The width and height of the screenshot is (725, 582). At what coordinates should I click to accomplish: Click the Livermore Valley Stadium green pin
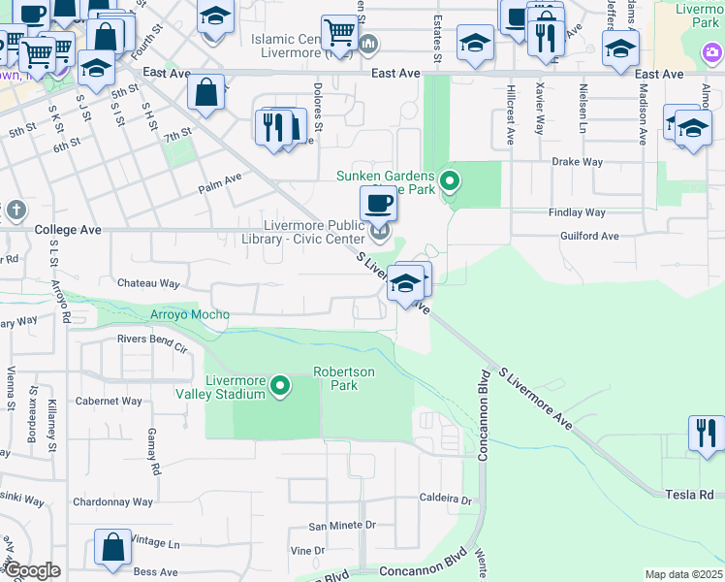(x=281, y=387)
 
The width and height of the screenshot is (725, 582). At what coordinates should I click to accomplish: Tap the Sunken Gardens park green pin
(x=449, y=180)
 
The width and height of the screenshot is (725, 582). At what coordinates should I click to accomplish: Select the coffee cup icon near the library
(x=378, y=204)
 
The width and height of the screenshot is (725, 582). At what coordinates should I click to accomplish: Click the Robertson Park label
(x=336, y=378)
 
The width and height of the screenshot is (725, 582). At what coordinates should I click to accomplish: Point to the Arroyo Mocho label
(x=190, y=314)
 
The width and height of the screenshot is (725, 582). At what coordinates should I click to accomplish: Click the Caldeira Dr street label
(x=445, y=501)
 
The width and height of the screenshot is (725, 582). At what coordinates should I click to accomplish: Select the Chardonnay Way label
(x=112, y=502)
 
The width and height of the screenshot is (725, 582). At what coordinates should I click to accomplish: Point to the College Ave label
(x=68, y=230)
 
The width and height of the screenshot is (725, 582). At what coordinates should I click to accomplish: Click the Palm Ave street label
(x=220, y=179)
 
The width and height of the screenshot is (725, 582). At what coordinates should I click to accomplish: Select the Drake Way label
(x=578, y=162)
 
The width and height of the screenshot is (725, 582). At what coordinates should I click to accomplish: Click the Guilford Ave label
(x=588, y=236)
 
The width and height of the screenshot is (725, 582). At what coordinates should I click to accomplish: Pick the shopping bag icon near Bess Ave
(x=112, y=547)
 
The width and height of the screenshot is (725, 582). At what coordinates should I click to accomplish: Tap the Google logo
(x=32, y=571)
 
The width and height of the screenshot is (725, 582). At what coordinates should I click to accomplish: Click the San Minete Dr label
(x=342, y=526)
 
